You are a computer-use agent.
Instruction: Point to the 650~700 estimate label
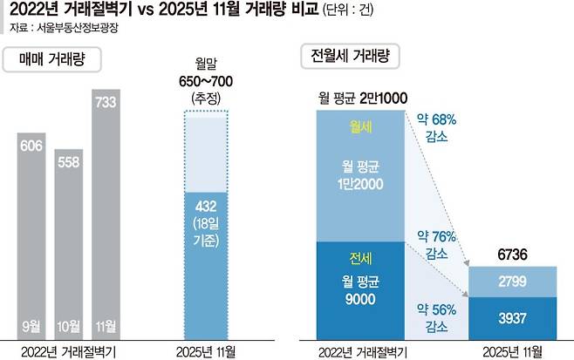[208, 81]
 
